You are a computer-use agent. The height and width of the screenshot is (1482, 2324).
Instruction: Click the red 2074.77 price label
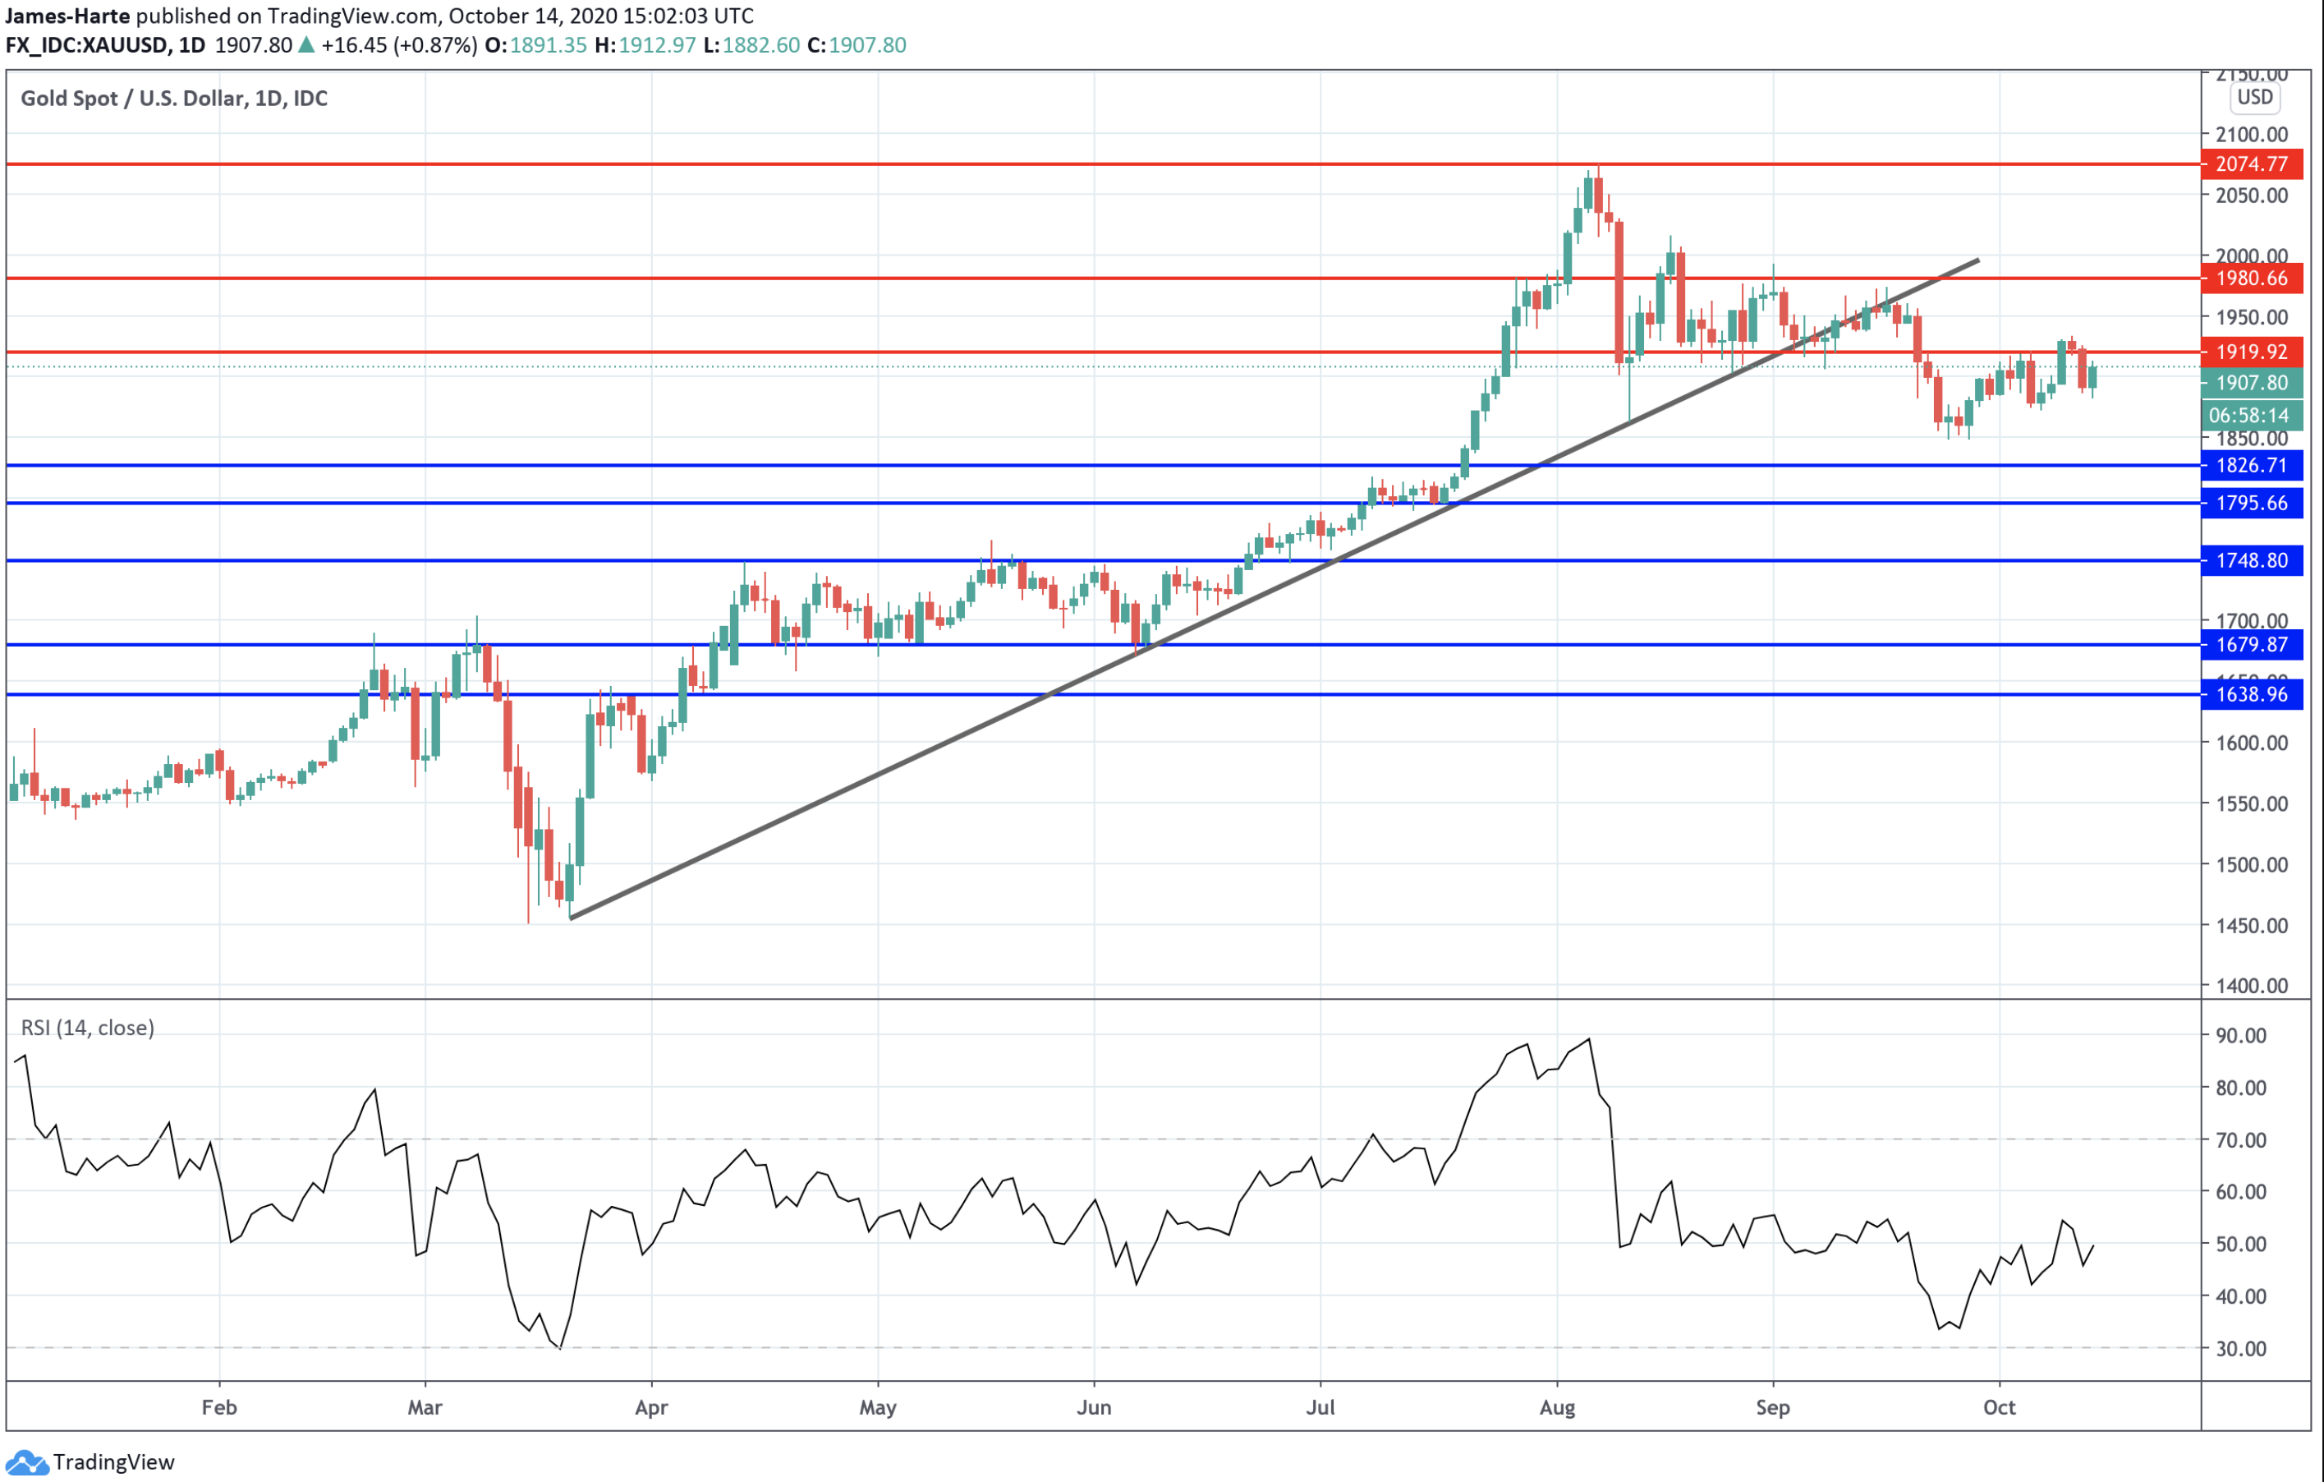coord(2251,164)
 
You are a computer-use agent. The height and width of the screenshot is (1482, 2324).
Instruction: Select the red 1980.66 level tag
coord(2251,278)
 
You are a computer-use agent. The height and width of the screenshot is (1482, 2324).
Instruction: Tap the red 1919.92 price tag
coord(2251,352)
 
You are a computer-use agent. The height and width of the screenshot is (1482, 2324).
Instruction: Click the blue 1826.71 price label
coord(2251,465)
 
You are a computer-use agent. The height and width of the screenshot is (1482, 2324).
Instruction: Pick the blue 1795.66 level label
coord(2251,503)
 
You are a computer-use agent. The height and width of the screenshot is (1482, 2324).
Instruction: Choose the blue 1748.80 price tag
coord(2251,560)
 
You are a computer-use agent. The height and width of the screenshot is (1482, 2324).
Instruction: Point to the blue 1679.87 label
coord(2251,644)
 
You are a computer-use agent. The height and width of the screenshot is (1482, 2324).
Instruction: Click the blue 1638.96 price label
coord(2251,694)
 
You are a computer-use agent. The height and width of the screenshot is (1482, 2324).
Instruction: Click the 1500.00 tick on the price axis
coord(2251,864)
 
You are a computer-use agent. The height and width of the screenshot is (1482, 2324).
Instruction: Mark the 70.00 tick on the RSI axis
coord(2241,1140)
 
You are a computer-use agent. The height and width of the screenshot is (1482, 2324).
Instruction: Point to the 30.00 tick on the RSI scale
coord(2241,1349)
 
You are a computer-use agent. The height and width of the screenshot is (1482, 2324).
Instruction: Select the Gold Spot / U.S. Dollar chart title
coord(174,99)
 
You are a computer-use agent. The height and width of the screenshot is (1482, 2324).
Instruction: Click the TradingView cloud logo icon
coord(26,1462)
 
